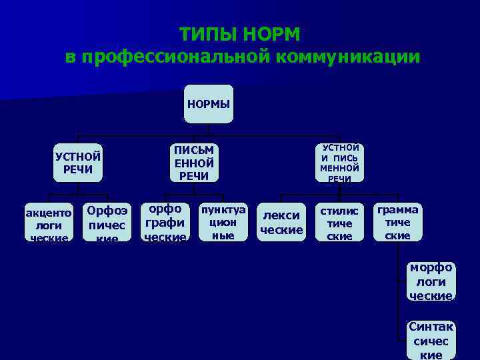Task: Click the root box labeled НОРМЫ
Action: [209, 104]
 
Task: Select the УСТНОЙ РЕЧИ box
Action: [78, 163]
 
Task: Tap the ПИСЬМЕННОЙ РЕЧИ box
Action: [193, 163]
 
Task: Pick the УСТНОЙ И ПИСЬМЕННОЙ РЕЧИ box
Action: [340, 163]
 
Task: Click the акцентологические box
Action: [49, 222]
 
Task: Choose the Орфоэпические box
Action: [107, 222]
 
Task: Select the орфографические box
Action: [165, 222]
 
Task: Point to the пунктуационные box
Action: [223, 222]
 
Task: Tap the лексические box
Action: [281, 222]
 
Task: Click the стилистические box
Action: [339, 222]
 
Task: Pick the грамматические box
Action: [398, 222]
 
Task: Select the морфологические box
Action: [431, 281]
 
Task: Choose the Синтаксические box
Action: [431, 339]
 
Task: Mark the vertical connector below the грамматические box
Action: [399, 280]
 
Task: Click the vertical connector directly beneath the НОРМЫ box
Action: [209, 129]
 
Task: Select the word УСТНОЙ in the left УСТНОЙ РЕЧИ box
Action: [78, 157]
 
